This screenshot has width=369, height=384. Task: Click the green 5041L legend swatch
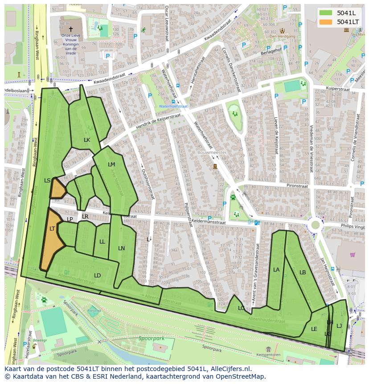(326, 12)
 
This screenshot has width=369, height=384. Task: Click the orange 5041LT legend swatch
(326, 21)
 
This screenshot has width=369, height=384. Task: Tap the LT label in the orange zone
(52, 228)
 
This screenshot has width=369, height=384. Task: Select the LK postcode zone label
(87, 140)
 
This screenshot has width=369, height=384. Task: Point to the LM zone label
(111, 164)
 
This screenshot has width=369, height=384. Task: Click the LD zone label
(97, 275)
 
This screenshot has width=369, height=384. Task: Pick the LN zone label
(121, 248)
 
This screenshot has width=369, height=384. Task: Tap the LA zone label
(276, 269)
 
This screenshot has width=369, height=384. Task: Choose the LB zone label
(303, 272)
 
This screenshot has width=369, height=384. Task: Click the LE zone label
(314, 329)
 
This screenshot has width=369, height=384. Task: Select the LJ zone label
(339, 326)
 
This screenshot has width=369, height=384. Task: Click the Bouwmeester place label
(212, 153)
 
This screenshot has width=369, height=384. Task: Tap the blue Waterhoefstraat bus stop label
(173, 106)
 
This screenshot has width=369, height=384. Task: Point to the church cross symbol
(70, 29)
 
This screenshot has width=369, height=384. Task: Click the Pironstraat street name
(297, 186)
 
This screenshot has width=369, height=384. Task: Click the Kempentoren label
(268, 355)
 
